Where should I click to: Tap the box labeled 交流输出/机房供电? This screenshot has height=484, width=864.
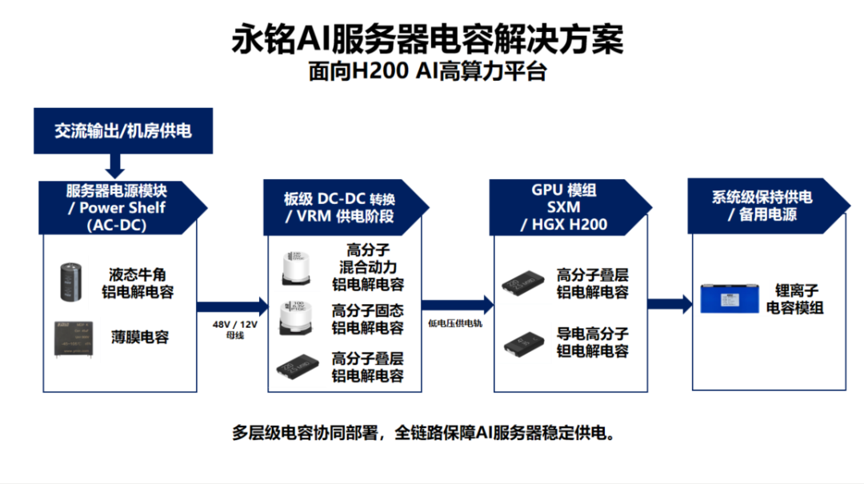click(122, 130)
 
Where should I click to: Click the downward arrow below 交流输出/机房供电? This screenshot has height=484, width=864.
click(114, 166)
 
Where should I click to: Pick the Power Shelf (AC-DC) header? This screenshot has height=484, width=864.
click(117, 208)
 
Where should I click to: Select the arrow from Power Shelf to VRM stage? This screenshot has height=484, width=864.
click(232, 305)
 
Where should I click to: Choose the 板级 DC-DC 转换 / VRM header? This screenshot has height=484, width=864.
click(340, 208)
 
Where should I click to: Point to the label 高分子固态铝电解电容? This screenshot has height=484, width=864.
click(367, 318)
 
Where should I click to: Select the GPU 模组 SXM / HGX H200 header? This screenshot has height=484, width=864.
click(564, 208)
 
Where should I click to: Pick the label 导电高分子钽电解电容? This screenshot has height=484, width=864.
click(592, 342)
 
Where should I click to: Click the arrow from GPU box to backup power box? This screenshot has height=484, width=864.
click(669, 304)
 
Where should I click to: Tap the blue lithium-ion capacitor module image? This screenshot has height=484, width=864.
click(728, 298)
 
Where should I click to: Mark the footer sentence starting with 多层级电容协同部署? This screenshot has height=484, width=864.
click(423, 434)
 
